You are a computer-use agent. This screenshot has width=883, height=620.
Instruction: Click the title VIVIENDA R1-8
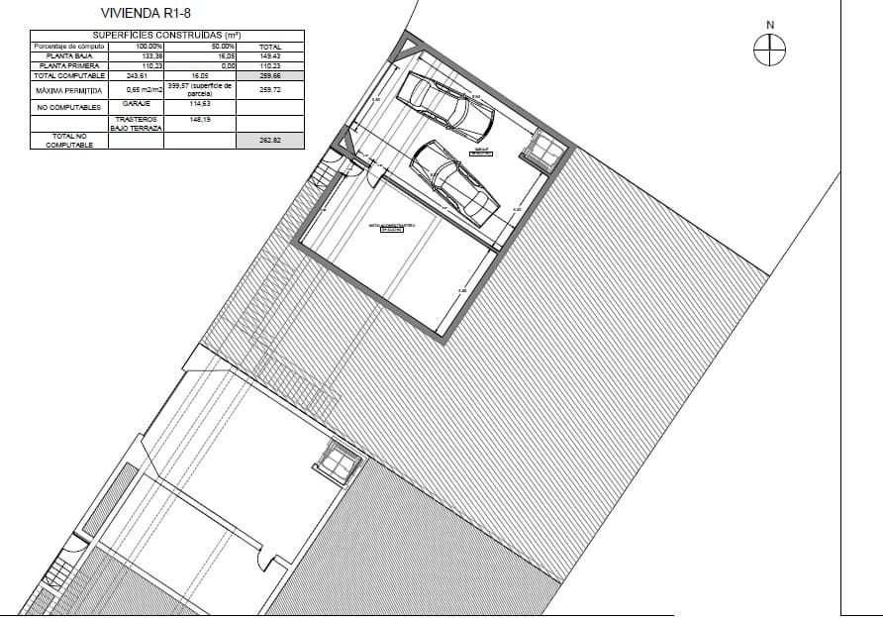pos(147,14)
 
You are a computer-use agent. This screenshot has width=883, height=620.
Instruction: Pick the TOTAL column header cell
pos(269,47)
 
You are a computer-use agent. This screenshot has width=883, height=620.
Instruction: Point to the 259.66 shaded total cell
pos(269,75)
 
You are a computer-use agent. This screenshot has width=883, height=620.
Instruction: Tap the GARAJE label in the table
pos(136,103)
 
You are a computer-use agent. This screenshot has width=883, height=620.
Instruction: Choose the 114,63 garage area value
pos(202,103)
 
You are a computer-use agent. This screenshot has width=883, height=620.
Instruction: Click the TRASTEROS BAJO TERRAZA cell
pos(136,123)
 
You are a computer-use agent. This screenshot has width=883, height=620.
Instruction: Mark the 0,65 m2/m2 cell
pos(136,89)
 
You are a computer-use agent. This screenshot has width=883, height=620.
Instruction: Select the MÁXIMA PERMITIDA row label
pos(68,89)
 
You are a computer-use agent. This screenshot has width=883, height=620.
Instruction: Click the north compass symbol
pos(770,49)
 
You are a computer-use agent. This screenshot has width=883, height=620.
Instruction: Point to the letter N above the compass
pos(770,25)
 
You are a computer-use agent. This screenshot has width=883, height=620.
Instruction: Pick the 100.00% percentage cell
pos(148,47)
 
